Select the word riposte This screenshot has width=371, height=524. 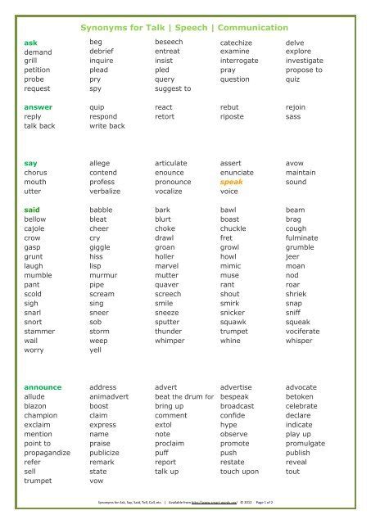coord(234,116)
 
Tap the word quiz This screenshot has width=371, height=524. coord(293,79)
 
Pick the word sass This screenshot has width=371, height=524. coord(294,116)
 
